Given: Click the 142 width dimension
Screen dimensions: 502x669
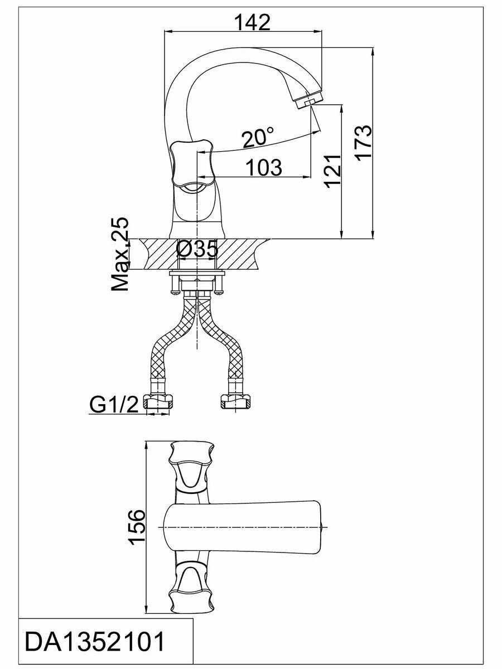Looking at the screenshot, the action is coord(253,22).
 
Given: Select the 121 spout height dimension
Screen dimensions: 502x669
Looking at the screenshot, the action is coord(332,171).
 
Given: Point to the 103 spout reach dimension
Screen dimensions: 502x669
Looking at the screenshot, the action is coord(264,168).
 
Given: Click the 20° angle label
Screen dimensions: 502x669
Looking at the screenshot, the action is coord(258,137).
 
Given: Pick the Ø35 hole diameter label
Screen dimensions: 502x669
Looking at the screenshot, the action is coord(197,249).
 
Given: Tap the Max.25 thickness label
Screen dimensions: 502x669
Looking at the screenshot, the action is coord(120,254).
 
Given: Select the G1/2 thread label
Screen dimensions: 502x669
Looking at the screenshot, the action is coord(114,404).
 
